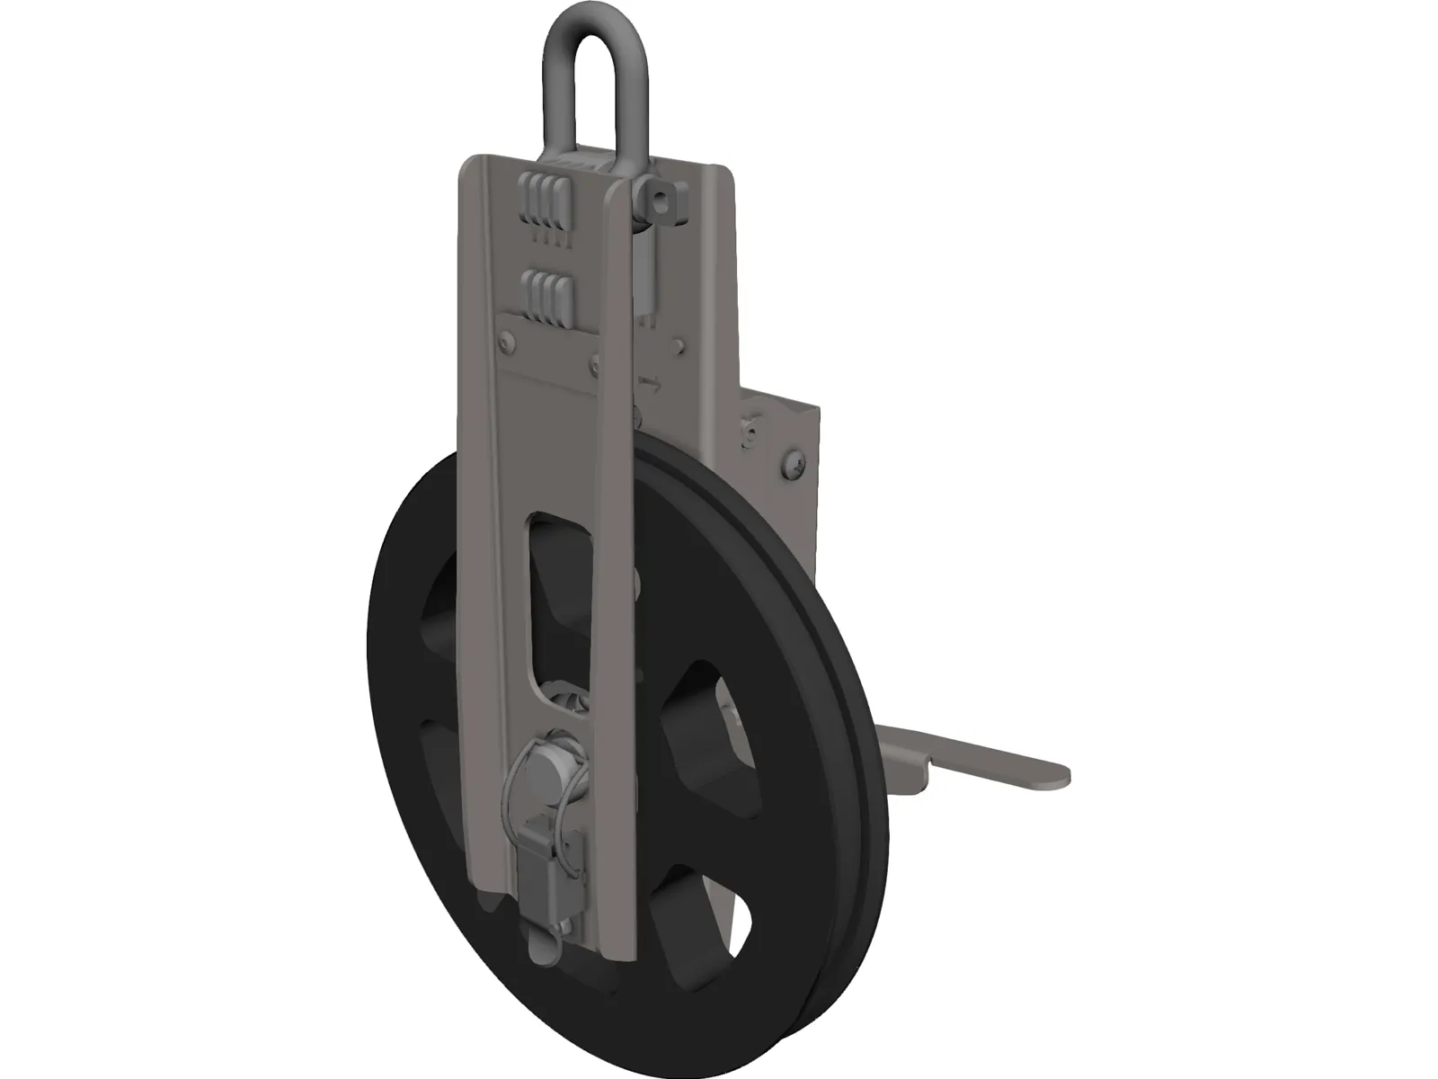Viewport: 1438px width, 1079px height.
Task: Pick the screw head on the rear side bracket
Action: pos(795,465)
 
